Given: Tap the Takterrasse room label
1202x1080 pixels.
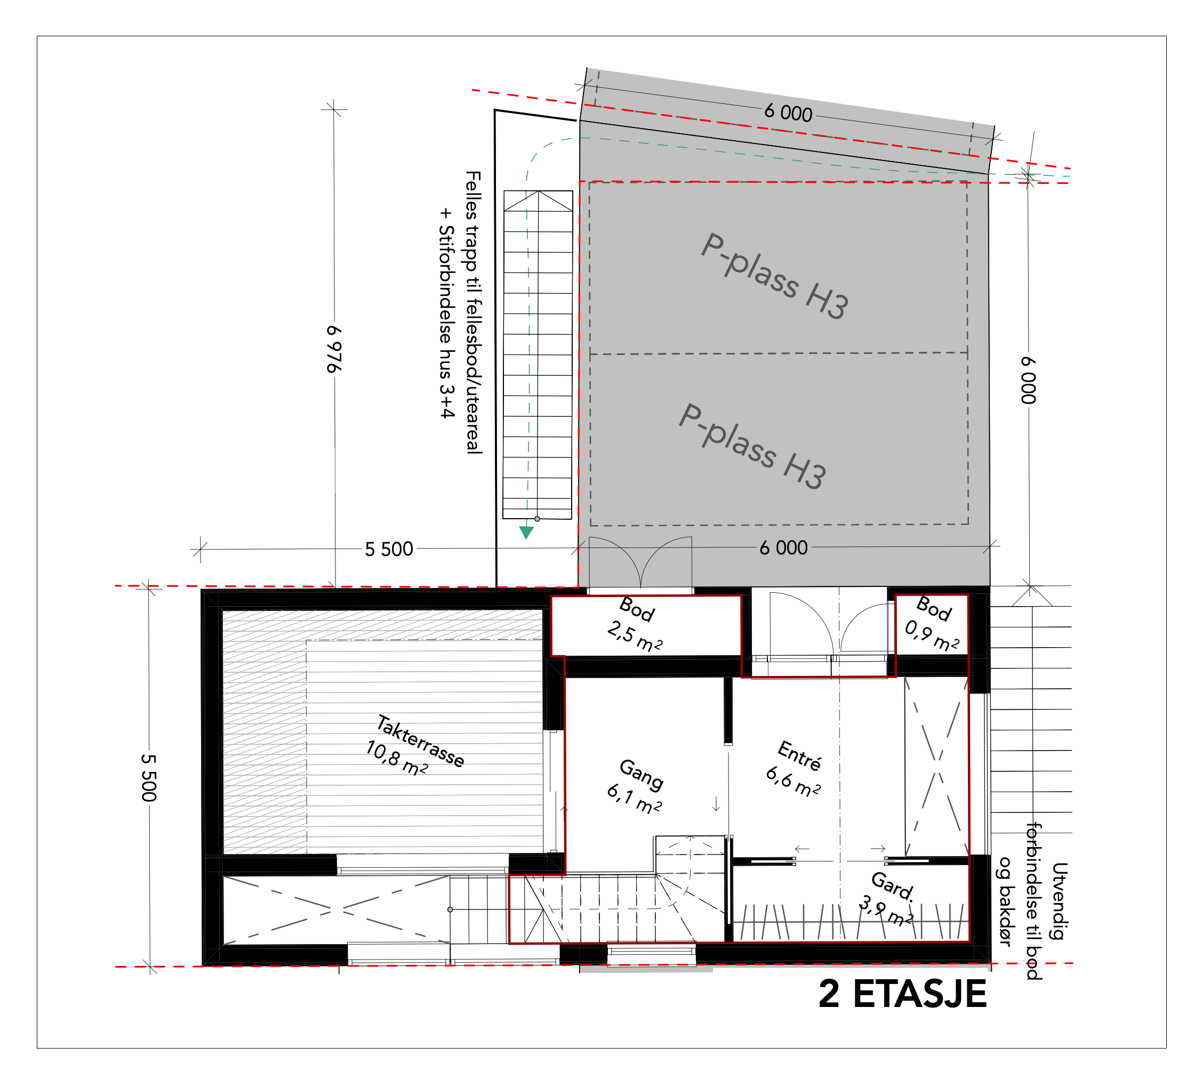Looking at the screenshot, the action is point(420,741).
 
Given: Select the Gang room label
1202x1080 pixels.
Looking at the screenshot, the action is point(641,775).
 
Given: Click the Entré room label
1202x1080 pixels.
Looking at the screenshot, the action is point(799,755).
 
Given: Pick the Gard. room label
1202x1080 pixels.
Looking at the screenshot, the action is point(892,886).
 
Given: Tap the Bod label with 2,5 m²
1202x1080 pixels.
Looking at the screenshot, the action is point(636,610).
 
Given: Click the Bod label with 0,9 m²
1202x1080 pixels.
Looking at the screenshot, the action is point(934,609).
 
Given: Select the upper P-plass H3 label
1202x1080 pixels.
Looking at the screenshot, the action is point(775,276).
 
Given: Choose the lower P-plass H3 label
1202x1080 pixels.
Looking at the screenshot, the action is point(752,446).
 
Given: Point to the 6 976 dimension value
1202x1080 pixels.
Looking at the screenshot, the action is point(334,349).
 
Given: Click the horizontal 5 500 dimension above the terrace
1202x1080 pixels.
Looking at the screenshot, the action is point(389,549).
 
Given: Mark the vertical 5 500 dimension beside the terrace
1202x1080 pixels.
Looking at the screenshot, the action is point(149,777).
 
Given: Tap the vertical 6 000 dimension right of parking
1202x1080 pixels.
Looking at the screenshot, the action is point(1028,380).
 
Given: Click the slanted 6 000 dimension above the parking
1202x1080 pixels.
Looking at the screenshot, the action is point(788,112).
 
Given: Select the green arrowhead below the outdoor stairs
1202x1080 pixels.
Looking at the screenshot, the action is point(526,533).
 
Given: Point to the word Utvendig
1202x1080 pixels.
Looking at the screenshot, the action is point(1060,901).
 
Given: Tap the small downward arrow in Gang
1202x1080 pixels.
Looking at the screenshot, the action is point(716,804).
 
